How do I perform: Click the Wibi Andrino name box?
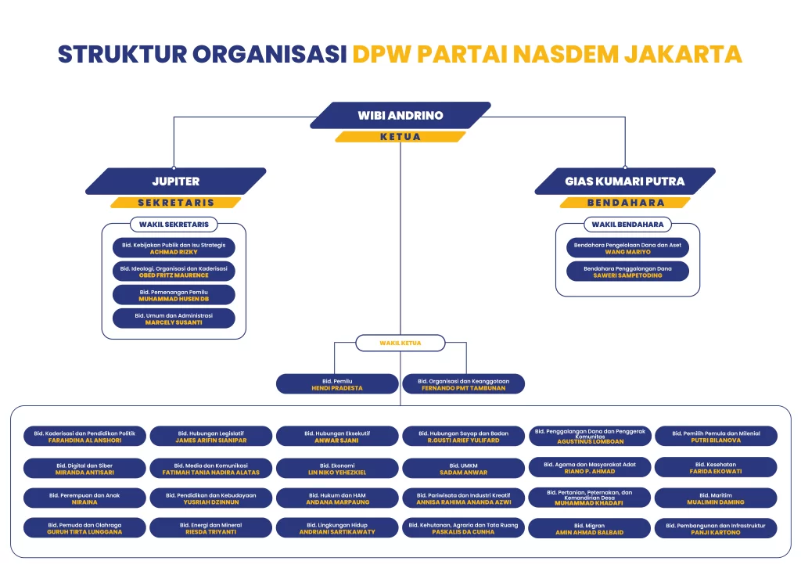coord(400,115)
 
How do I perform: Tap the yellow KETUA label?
coord(400,137)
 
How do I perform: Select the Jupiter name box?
coord(175,181)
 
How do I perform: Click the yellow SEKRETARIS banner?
coord(175,203)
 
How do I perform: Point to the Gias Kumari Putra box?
coord(625,181)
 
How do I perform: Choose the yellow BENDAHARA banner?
coord(625,203)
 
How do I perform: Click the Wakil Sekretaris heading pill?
coord(174,225)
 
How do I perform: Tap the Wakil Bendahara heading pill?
coord(627,225)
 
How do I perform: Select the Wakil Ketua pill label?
coord(400,343)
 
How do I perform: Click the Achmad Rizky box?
coord(174,248)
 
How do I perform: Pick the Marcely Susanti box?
coord(174,318)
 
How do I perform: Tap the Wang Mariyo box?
coord(627,248)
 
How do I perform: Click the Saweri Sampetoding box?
coord(627,272)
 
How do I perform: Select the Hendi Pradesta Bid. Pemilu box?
coord(337,384)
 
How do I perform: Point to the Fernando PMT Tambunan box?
coord(464,384)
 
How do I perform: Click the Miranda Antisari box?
coord(84,468)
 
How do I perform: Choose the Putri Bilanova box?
coord(716,436)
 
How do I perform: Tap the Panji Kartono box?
coord(716,528)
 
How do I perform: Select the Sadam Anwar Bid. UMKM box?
coord(464,468)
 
